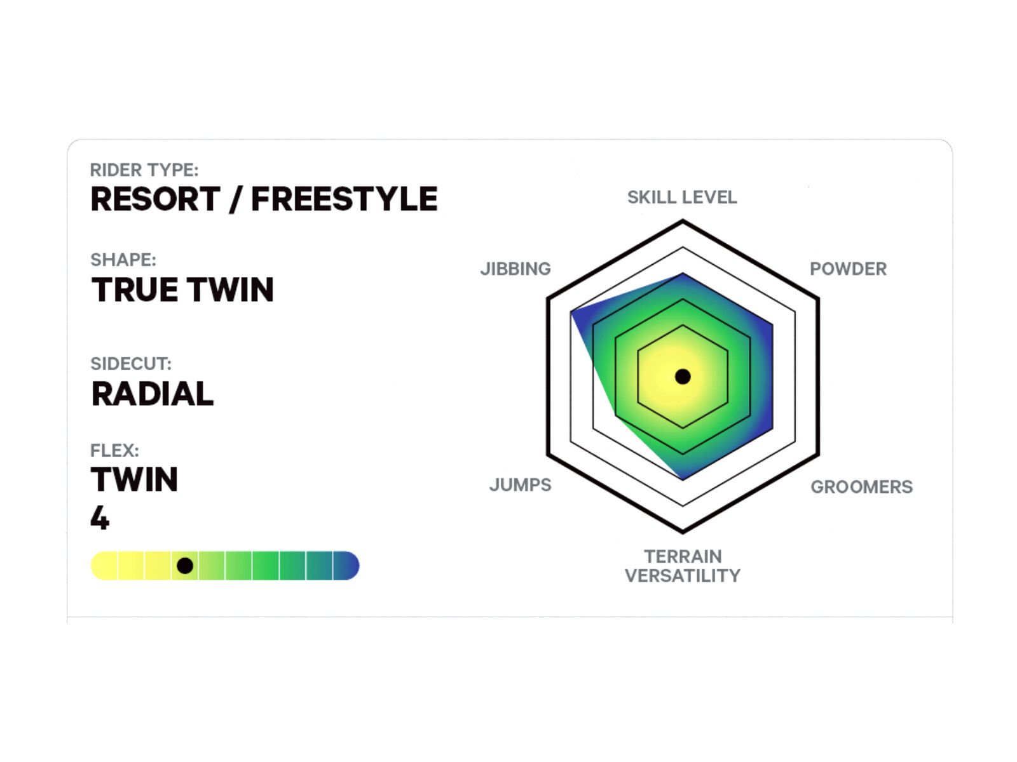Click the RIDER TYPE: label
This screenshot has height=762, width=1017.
[144, 170]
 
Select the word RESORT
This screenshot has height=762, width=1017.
[155, 199]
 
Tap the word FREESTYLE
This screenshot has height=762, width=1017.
[345, 199]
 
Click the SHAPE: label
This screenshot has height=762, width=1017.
[123, 260]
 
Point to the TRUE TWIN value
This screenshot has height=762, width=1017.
[182, 290]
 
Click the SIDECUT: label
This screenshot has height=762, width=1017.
[131, 364]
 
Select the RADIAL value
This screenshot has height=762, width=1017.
[153, 394]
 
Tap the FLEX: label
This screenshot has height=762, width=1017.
[114, 450]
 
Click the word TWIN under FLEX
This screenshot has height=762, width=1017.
[134, 479]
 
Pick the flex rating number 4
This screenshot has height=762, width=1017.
[100, 518]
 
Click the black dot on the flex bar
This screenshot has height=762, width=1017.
[185, 565]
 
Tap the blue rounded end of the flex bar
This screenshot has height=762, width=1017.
[348, 565]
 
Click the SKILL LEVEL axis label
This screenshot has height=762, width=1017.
[682, 197]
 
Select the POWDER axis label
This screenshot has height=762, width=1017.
[849, 269]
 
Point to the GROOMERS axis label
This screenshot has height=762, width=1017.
[862, 486]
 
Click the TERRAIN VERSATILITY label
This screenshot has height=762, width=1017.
[683, 566]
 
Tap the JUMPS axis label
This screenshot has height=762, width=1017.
[521, 485]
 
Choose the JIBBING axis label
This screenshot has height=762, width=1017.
[515, 269]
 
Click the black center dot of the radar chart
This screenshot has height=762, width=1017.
[683, 377]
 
